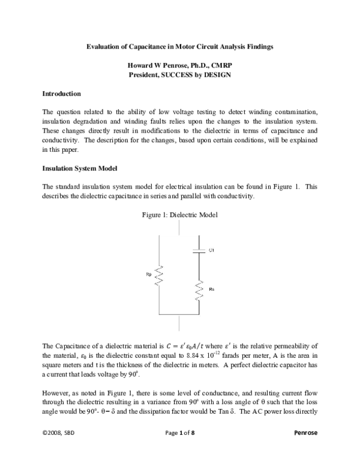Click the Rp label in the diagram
[x=149, y=274]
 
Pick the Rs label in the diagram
[x=212, y=289]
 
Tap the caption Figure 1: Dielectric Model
[x=179, y=214]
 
